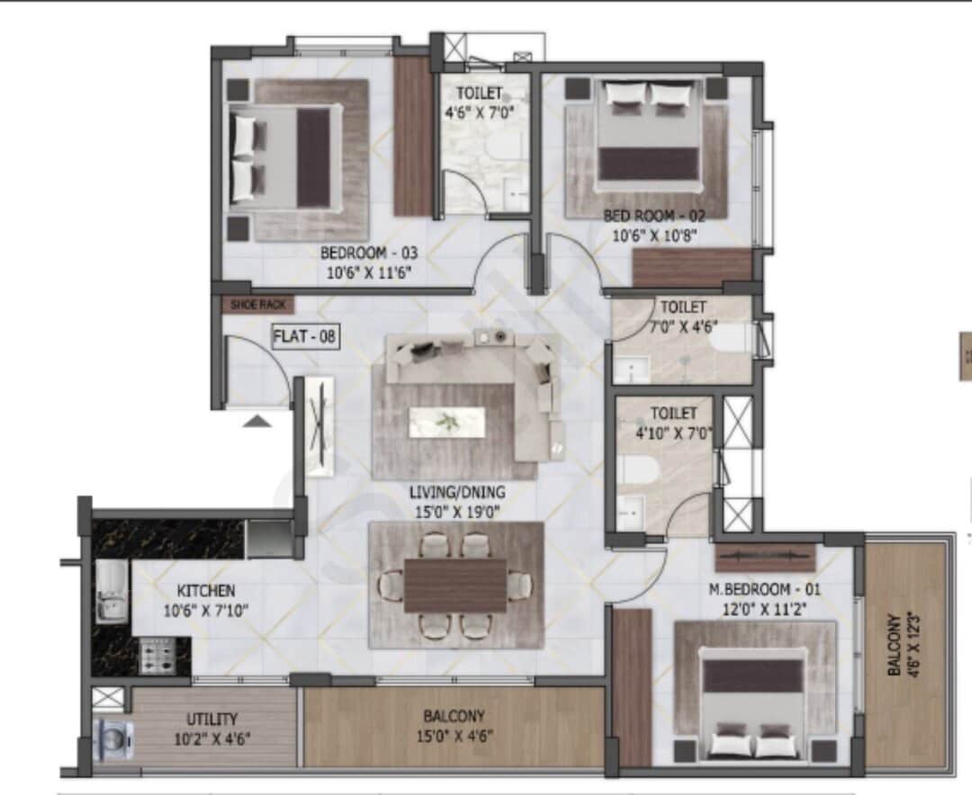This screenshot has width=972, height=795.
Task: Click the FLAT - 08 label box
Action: pyautogui.click(x=305, y=338)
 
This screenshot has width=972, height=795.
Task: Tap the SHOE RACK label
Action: pyautogui.click(x=257, y=305)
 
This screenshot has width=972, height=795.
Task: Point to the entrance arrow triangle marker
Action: pyautogui.click(x=256, y=420)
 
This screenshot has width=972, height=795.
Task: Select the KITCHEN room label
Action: pyautogui.click(x=205, y=591)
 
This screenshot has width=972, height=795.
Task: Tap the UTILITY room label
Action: pyautogui.click(x=211, y=719)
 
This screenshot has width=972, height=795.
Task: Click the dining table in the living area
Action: pyautogui.click(x=455, y=585)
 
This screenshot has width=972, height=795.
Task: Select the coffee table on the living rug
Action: pyautogui.click(x=447, y=422)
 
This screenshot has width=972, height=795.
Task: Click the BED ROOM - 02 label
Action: pyautogui.click(x=653, y=216)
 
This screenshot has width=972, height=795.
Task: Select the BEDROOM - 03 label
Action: pyautogui.click(x=368, y=253)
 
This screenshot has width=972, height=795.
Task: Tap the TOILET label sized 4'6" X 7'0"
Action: pyautogui.click(x=479, y=93)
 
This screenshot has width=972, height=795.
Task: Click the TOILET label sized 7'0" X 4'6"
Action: pyautogui.click(x=683, y=307)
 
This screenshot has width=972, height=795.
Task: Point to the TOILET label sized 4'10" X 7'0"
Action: pyautogui.click(x=673, y=414)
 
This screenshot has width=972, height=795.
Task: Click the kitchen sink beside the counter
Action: pyautogui.click(x=112, y=594)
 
